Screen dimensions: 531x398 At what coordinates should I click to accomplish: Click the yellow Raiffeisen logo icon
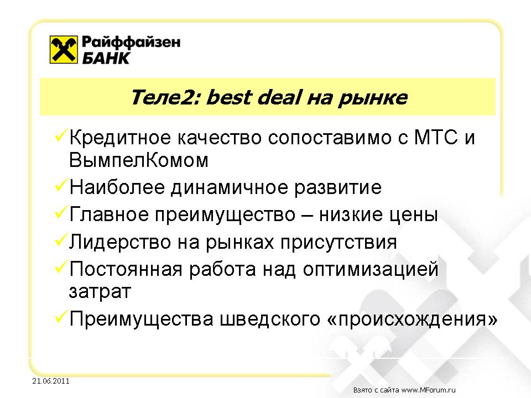pyautogui.click(x=64, y=49)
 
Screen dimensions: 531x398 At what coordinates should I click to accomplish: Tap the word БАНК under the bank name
pyautogui.click(x=106, y=58)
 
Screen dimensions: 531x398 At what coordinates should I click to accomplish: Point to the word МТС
pyautogui.click(x=436, y=138)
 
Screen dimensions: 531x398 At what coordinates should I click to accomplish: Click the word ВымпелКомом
pyautogui.click(x=138, y=160)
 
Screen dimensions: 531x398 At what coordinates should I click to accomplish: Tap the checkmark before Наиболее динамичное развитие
pyautogui.click(x=60, y=186)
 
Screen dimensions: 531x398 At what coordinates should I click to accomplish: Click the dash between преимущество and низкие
pyautogui.click(x=307, y=215)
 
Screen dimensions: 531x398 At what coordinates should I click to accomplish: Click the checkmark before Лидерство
pyautogui.click(x=60, y=240)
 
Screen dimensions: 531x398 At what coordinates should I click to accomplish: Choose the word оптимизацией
pyautogui.click(x=371, y=269)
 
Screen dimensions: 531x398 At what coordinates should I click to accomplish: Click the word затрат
pyautogui.click(x=100, y=292)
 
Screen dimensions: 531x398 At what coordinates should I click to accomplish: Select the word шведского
pyautogui.click(x=270, y=319)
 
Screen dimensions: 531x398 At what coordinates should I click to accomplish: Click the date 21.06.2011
pyautogui.click(x=51, y=381)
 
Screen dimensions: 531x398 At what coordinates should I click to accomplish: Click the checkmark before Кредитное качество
pyautogui.click(x=60, y=135)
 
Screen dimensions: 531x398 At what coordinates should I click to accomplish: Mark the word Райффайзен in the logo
pyautogui.click(x=131, y=43)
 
